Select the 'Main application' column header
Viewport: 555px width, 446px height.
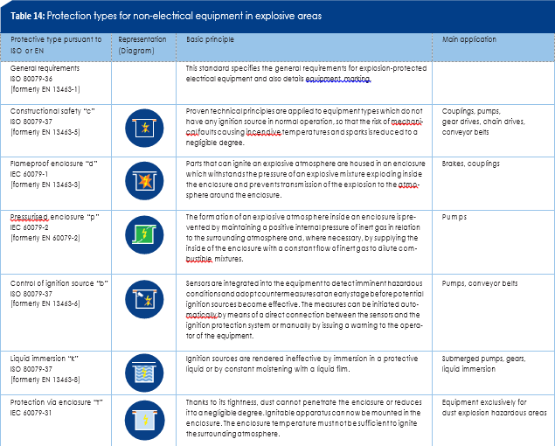pyautogui.click(x=470, y=40)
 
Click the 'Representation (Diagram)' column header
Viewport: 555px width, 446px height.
pyautogui.click(x=141, y=46)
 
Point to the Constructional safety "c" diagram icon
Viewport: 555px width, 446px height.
pyautogui.click(x=142, y=129)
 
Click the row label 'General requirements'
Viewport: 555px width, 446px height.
pyautogui.click(x=45, y=67)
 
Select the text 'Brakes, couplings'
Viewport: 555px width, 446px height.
pyautogui.click(x=472, y=164)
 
